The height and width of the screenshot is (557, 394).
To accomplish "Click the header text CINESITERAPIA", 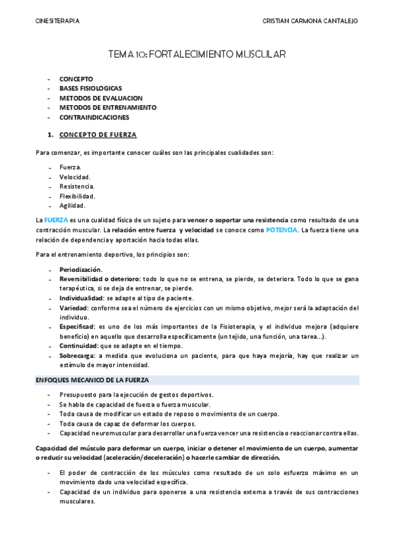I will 57,21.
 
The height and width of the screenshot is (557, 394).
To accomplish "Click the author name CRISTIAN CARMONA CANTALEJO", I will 309,21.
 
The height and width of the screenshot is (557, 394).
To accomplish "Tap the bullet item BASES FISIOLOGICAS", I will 90,88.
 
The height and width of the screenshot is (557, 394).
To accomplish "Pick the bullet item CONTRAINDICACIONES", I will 94,118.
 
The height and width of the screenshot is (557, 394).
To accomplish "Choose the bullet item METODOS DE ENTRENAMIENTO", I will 108,108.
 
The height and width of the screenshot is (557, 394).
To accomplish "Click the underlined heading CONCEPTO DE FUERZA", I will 97,135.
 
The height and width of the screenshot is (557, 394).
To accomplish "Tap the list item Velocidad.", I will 75,177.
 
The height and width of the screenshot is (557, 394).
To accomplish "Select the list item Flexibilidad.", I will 77,196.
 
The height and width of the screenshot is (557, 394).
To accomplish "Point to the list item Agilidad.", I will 72,206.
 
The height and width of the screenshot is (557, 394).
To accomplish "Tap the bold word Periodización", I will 80,269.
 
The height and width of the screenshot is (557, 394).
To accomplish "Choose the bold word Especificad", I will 77,326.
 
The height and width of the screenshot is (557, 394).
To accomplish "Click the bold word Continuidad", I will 78,345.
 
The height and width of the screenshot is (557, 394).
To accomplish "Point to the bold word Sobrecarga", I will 78,355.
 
